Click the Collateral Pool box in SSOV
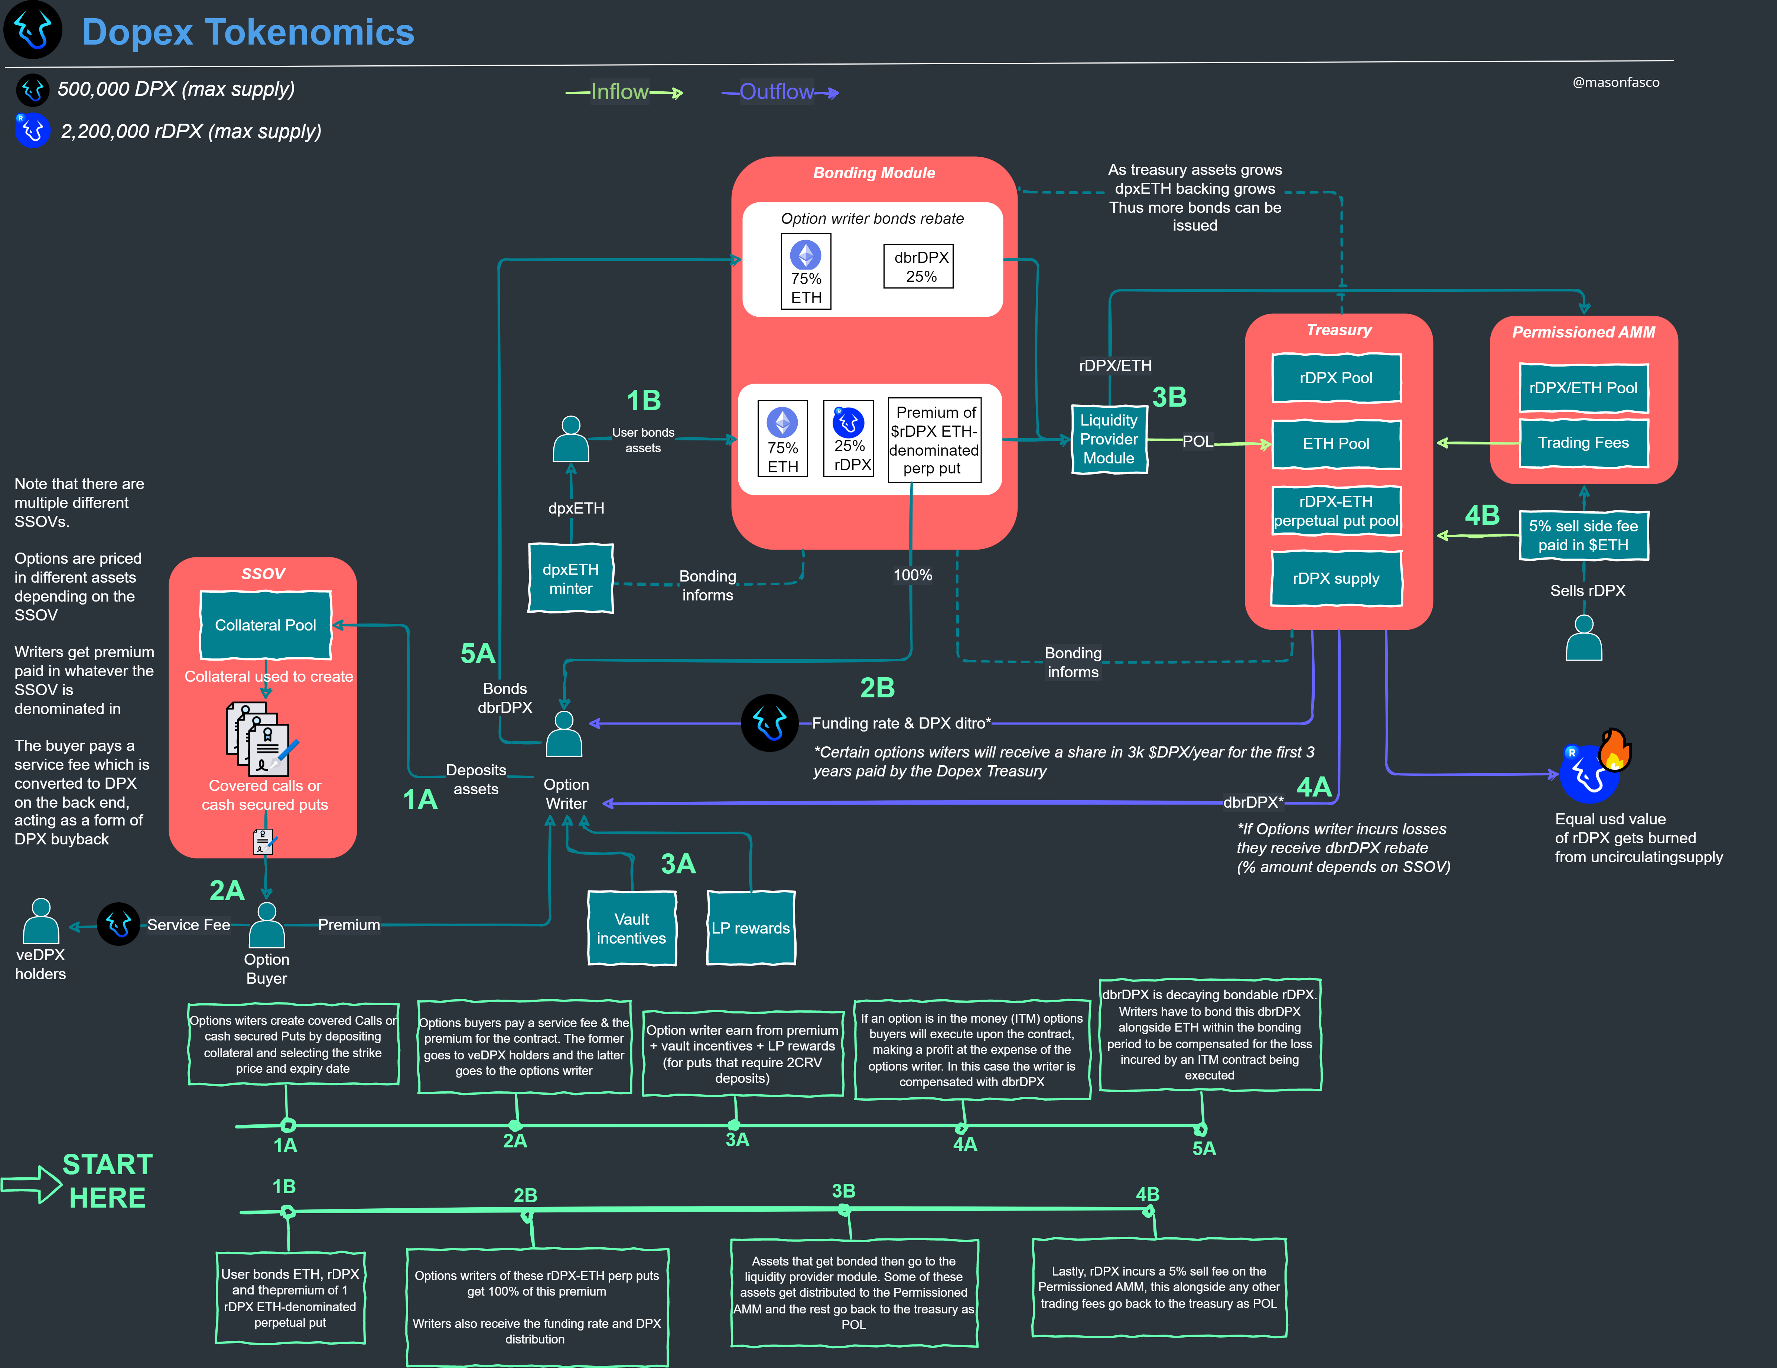click(265, 625)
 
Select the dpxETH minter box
click(570, 579)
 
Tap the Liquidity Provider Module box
click(1109, 439)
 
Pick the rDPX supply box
click(1336, 579)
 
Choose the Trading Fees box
click(1584, 443)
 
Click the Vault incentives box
click(631, 929)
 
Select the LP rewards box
click(750, 929)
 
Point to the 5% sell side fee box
click(1584, 535)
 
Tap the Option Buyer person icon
click(266, 925)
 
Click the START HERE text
click(107, 1181)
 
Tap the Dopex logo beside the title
click(33, 30)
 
